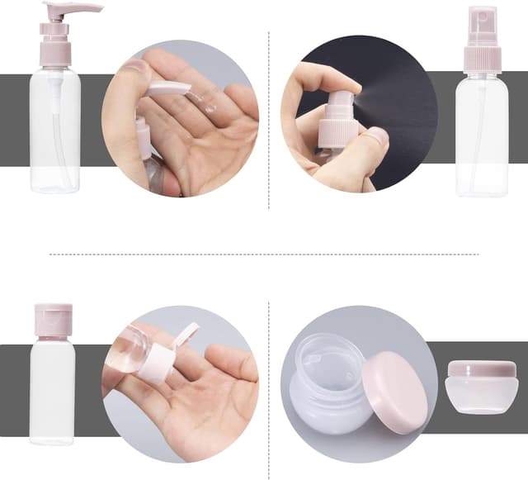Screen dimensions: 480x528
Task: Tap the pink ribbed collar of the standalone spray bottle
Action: coord(482,59)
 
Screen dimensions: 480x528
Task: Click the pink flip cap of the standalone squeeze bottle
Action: coord(52,320)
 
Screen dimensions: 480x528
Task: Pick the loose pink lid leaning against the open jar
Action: coord(395,392)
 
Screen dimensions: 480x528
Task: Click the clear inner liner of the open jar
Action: coord(330,364)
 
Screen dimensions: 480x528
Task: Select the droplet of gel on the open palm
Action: coord(208,107)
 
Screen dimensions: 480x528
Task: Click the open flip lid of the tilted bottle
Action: coord(186,335)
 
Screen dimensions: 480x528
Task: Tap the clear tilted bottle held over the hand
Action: coord(128,351)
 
